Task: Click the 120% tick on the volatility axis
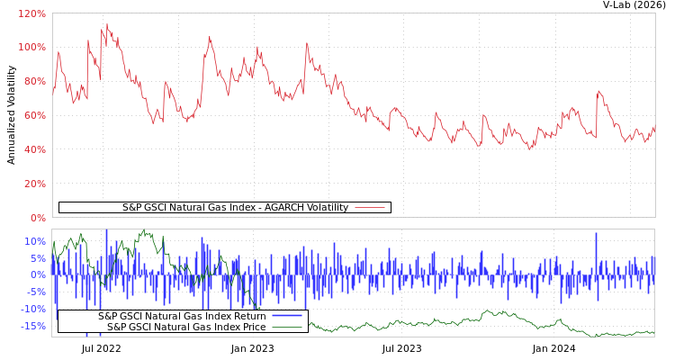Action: (31, 13)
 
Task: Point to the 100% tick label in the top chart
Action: (31, 47)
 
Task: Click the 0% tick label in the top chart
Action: (37, 218)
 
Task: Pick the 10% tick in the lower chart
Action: (34, 241)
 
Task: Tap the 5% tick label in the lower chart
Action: (37, 258)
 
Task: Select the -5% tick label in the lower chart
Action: (35, 292)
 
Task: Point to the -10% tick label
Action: (33, 309)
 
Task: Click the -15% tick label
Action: (33, 326)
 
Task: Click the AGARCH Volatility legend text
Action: (235, 208)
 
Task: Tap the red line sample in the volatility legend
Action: (370, 208)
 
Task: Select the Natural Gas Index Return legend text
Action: (182, 316)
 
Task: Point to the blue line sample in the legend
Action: (287, 316)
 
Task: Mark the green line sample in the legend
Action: (287, 327)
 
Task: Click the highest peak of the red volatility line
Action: (106, 24)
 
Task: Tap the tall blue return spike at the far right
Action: (596, 236)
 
